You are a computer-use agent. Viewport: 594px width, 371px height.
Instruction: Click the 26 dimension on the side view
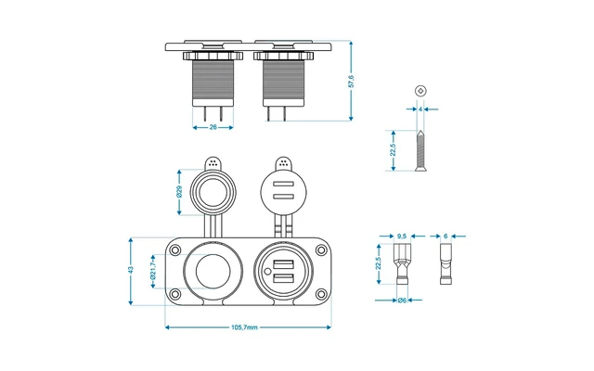click(x=213, y=127)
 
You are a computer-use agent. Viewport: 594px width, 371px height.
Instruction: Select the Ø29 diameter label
click(x=179, y=194)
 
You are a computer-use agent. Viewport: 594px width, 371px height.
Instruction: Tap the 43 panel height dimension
click(x=131, y=270)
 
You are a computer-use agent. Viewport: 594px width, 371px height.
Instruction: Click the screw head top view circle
click(x=420, y=91)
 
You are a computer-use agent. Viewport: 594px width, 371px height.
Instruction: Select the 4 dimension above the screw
click(x=420, y=109)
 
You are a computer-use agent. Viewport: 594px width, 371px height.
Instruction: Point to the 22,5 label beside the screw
click(x=394, y=149)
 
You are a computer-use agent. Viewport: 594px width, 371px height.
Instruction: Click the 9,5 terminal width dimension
click(x=402, y=236)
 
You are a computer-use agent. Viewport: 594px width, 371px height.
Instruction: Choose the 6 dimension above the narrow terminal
click(x=446, y=236)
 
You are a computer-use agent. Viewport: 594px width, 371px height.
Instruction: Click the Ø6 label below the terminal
click(x=402, y=301)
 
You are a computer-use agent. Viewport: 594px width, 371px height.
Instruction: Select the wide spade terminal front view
click(x=402, y=266)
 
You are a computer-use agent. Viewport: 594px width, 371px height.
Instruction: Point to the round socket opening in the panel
click(x=210, y=271)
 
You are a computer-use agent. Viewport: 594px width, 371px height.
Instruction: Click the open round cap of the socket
click(x=213, y=194)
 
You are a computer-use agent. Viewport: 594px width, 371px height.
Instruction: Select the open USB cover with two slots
click(x=283, y=195)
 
